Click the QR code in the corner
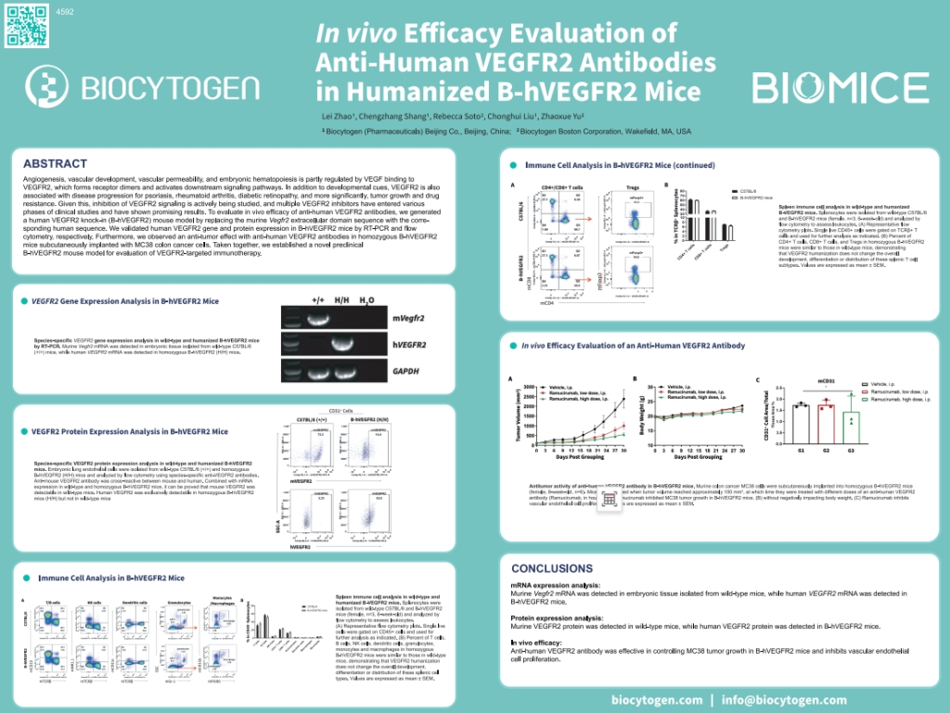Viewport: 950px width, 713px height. [x=25, y=25]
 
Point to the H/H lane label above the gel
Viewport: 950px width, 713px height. [x=341, y=301]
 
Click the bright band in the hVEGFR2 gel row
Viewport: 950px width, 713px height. [x=341, y=345]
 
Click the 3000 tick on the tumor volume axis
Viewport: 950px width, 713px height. [x=529, y=387]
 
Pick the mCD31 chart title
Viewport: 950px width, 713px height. [x=826, y=380]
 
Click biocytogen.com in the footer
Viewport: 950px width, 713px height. [x=657, y=700]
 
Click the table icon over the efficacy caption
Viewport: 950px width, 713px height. [x=609, y=498]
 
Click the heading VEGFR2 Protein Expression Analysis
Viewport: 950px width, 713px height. [x=130, y=431]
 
